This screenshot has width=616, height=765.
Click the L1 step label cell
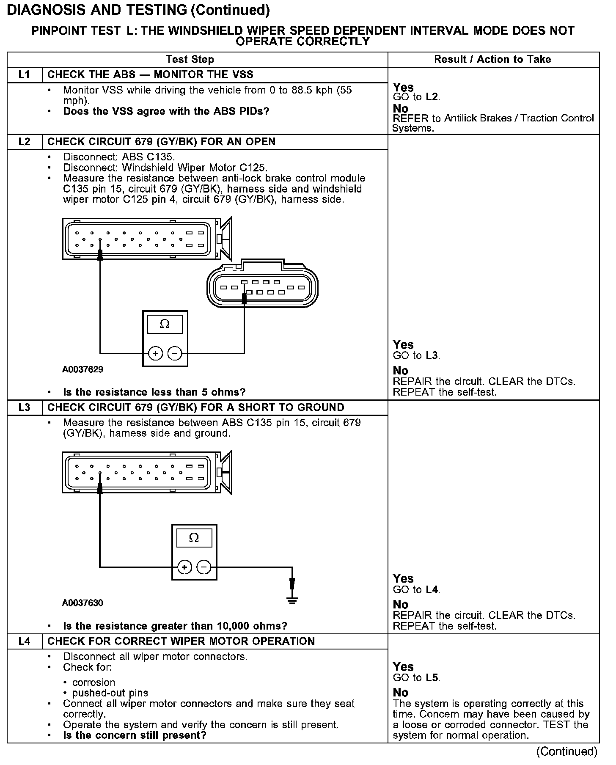point(25,75)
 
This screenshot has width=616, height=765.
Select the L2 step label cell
point(25,142)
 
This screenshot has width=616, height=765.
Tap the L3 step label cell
point(25,407)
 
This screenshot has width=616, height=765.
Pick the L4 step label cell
point(25,641)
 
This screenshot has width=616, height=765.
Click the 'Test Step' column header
point(190,60)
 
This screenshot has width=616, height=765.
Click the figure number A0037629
point(82,369)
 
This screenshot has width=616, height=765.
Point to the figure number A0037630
point(82,603)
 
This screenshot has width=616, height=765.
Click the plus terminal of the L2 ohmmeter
point(155,353)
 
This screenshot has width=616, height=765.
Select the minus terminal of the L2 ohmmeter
point(175,353)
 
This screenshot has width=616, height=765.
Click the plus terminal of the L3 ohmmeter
point(184,567)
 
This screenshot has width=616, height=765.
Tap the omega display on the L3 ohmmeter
point(194,538)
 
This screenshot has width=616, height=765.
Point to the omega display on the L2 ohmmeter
point(165,325)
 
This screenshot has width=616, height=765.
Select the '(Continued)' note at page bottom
point(566,751)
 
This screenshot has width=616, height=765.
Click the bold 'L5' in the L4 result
point(432,677)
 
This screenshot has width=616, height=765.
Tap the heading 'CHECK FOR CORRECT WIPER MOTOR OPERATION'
point(181,641)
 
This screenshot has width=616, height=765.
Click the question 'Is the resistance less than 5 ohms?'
point(154,392)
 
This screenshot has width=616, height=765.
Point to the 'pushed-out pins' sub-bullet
point(110,693)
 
